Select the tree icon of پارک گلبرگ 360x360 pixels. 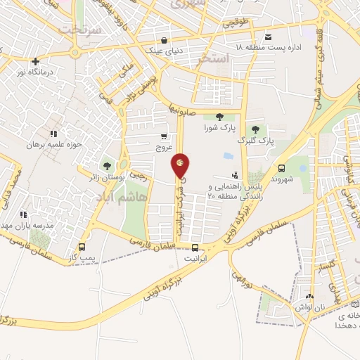(255, 129)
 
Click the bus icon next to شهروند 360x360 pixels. (281, 168)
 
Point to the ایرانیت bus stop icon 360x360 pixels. (195, 247)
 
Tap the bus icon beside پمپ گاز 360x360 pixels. (82, 247)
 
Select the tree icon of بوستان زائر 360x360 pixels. (107, 166)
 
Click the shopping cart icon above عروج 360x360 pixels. (164, 136)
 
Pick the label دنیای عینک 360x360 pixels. (163, 50)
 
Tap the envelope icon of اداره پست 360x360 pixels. (267, 37)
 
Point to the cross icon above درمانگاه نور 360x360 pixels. (34, 60)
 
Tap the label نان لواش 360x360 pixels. (313, 306)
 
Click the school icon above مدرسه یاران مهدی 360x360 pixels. (23, 214)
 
